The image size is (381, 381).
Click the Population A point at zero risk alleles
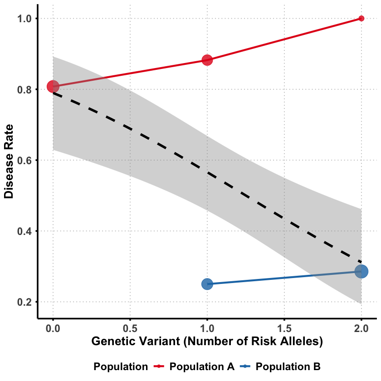(x=53, y=86)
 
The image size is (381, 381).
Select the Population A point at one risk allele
(x=207, y=60)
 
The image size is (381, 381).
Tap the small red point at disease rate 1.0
(x=361, y=19)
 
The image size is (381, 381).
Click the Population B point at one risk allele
(x=207, y=284)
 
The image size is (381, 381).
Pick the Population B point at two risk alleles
(x=361, y=271)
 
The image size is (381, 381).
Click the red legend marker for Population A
(x=161, y=366)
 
